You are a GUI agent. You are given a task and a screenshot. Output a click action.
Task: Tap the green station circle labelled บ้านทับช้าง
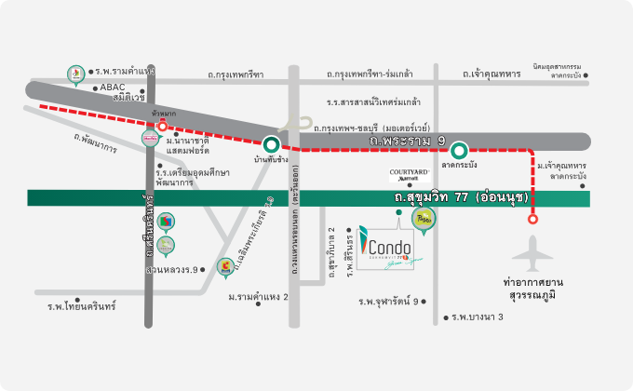(x=271, y=144)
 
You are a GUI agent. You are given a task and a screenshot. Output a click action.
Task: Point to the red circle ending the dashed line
(x=533, y=221)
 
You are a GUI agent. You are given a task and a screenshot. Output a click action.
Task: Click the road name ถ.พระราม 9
(x=408, y=141)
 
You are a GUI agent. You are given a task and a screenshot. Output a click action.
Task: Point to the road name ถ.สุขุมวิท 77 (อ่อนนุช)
(x=461, y=198)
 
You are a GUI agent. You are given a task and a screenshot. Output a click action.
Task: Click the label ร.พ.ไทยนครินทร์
(x=82, y=305)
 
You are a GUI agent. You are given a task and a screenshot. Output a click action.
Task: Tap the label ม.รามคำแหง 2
(x=258, y=297)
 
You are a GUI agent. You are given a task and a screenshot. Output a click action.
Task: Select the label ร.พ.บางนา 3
(x=478, y=317)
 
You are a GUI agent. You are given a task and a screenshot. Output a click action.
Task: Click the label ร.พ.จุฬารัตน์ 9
(x=388, y=301)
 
